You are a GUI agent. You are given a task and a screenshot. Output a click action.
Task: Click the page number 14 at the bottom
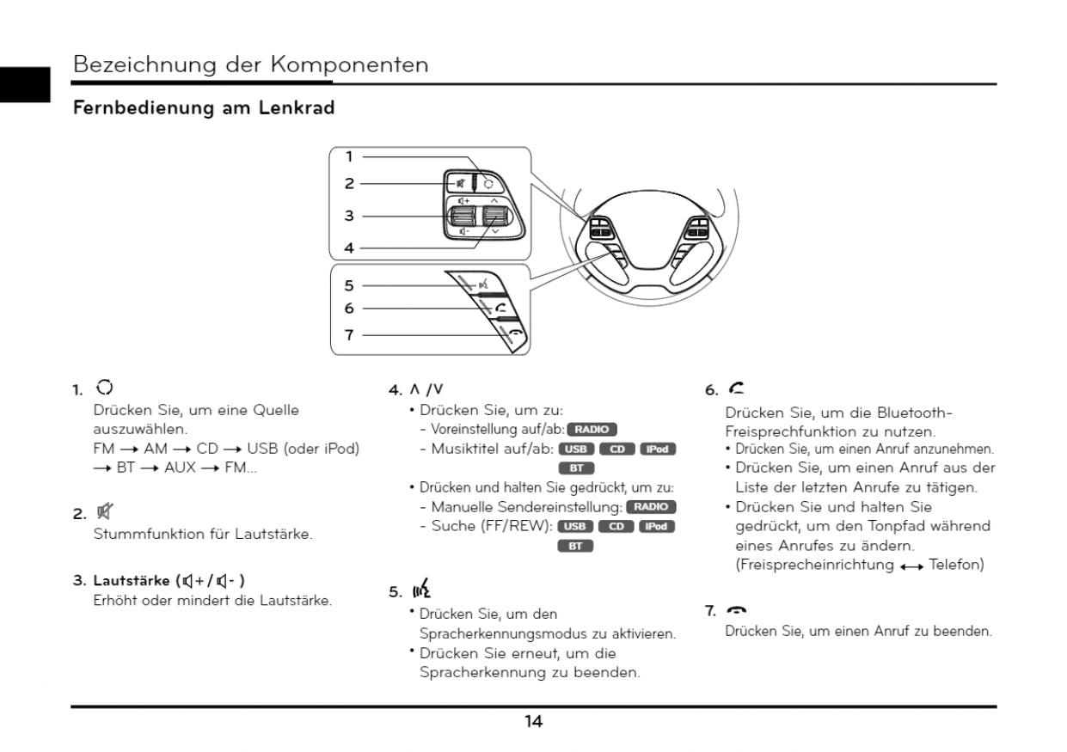(x=533, y=722)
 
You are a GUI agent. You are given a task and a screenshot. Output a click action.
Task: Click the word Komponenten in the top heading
(x=349, y=64)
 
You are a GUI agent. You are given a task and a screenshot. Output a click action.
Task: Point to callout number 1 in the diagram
(x=349, y=157)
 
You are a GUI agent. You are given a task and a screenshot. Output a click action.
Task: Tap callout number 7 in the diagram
(x=349, y=335)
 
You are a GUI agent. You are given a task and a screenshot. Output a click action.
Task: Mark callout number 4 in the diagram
(x=349, y=248)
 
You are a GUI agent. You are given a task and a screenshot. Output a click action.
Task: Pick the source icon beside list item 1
(x=105, y=388)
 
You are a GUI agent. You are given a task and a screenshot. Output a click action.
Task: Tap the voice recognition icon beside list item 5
(x=421, y=589)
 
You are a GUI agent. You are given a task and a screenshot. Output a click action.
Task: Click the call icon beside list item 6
(x=736, y=389)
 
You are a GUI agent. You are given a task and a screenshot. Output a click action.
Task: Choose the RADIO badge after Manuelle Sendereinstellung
(x=652, y=507)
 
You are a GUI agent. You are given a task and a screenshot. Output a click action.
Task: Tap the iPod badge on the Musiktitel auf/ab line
(x=658, y=449)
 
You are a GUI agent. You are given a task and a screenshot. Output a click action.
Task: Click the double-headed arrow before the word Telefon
(x=911, y=566)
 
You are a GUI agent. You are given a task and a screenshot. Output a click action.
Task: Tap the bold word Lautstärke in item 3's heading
(x=132, y=580)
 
